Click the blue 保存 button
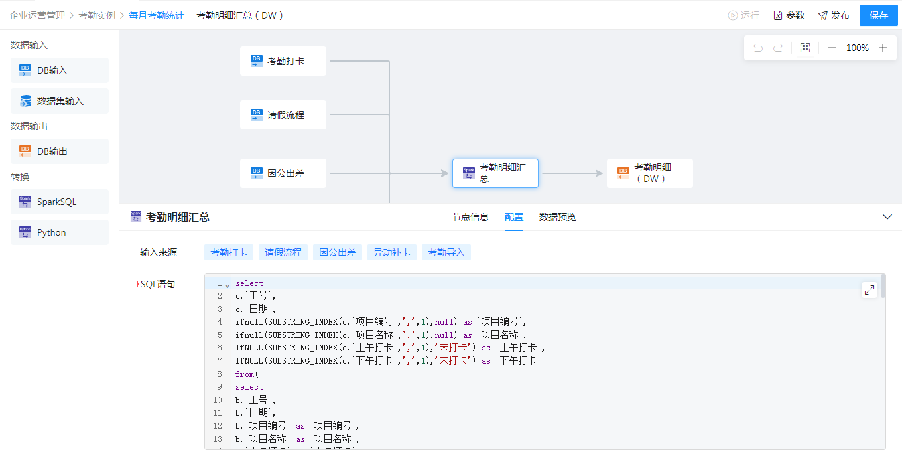(878, 15)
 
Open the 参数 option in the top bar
(789, 15)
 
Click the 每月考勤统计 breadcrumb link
(157, 15)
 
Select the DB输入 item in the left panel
(60, 70)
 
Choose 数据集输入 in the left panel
(60, 101)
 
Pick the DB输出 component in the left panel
(60, 151)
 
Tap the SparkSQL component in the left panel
(60, 202)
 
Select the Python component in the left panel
(60, 232)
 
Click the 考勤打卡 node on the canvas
(283, 61)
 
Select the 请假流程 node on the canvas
(283, 115)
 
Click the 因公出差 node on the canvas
(283, 173)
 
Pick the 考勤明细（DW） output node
(649, 173)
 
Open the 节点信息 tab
(470, 217)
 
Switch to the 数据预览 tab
(557, 217)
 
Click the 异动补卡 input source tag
(392, 252)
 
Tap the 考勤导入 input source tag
(446, 252)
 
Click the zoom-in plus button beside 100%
(883, 48)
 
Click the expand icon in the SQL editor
(869, 290)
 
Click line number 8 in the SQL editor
(218, 374)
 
